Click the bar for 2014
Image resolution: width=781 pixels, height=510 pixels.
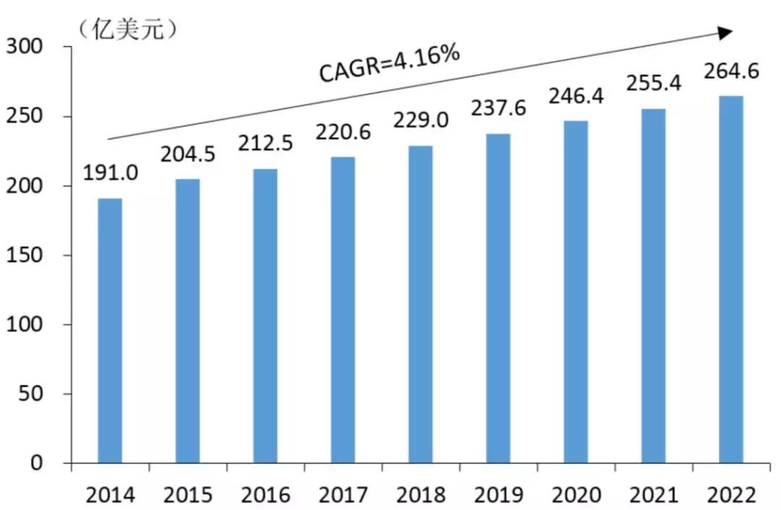(110, 330)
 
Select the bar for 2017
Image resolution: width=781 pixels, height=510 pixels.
(343, 310)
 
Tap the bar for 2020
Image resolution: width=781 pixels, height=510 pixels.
(576, 292)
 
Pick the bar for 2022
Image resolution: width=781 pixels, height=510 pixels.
(731, 279)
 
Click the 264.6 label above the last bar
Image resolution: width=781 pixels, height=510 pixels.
(731, 72)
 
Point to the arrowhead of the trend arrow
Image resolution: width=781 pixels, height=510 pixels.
(725, 33)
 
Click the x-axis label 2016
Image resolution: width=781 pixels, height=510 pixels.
(265, 496)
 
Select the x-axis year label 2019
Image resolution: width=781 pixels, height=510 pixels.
(499, 496)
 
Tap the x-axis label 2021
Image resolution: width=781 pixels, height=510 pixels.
(654, 496)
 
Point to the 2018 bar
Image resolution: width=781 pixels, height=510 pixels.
(421, 304)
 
